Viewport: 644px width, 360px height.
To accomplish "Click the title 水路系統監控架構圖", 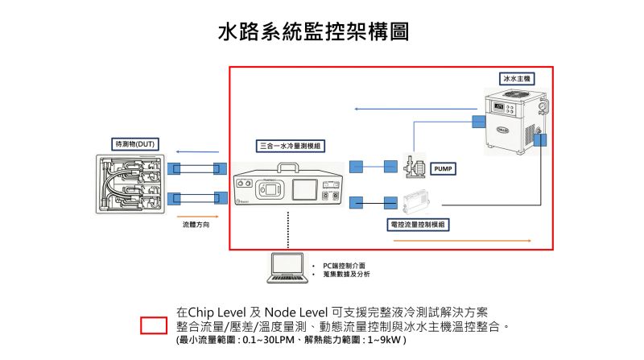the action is click(x=313, y=31).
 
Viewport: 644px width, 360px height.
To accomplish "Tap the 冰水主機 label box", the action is click(x=517, y=78).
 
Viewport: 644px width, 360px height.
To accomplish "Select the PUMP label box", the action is click(x=443, y=168).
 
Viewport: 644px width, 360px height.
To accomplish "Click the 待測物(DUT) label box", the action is click(x=135, y=144).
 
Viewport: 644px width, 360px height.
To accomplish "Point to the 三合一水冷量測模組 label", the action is click(x=291, y=146).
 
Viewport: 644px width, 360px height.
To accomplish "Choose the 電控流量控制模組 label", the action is click(x=418, y=225).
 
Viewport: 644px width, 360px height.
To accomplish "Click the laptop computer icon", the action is click(x=287, y=268).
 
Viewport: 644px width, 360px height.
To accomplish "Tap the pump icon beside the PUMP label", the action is click(x=415, y=166).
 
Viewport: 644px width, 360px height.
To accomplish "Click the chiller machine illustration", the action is click(x=516, y=122).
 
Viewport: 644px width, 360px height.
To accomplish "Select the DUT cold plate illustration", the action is click(x=130, y=184).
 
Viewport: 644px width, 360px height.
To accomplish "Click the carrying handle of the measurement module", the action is click(x=288, y=168).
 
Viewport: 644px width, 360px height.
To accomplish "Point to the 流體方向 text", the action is click(x=196, y=225).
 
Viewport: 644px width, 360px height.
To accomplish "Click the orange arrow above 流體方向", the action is click(x=197, y=217).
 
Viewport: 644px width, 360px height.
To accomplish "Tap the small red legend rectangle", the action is click(x=154, y=325).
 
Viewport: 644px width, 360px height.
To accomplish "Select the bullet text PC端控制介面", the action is click(x=344, y=266).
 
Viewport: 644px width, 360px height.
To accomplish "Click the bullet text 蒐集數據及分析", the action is click(x=346, y=274).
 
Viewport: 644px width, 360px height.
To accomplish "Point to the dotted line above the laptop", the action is click(x=288, y=230).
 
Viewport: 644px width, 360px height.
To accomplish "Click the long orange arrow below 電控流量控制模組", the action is click(x=462, y=241).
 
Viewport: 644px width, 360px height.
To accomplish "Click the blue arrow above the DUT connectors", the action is click(x=197, y=151).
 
